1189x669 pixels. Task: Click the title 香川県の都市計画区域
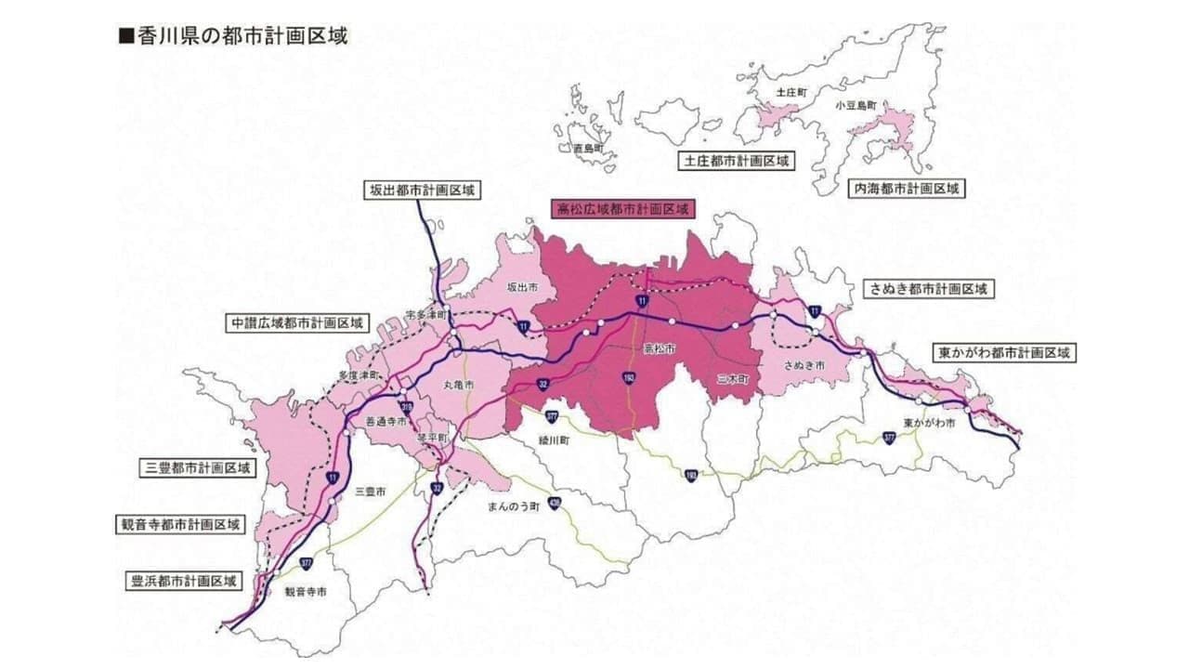click(x=233, y=36)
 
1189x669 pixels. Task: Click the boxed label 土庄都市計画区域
click(x=738, y=161)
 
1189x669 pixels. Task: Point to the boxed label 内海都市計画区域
click(x=906, y=189)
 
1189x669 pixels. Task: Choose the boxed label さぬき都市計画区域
click(x=928, y=289)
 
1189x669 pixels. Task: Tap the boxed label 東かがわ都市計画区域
click(x=1004, y=353)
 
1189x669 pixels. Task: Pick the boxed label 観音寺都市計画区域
click(x=181, y=524)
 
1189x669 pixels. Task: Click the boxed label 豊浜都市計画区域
click(x=181, y=582)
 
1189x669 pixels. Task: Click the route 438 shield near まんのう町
click(x=555, y=504)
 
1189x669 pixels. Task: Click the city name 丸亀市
click(x=458, y=385)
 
